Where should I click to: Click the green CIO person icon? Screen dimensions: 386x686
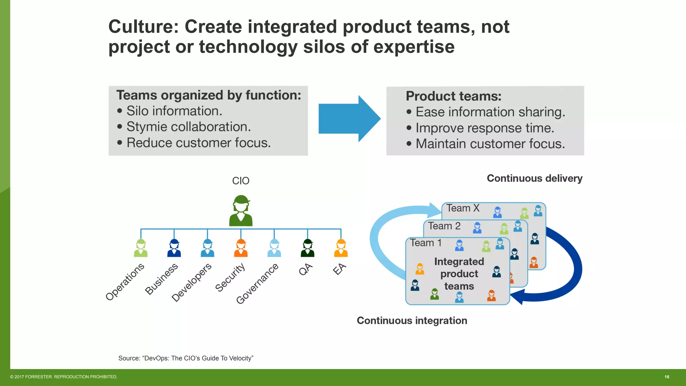(241, 211)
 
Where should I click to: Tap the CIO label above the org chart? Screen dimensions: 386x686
(241, 181)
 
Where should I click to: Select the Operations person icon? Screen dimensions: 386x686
(141, 248)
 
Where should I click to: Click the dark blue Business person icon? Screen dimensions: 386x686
(174, 248)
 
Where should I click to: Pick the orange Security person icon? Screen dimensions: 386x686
(241, 248)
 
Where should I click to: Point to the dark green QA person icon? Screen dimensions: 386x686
(307, 248)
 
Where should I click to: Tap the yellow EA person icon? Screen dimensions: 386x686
(341, 248)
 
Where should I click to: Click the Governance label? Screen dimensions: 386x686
(257, 283)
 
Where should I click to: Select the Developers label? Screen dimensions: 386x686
(192, 282)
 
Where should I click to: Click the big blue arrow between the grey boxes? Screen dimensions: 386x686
(348, 119)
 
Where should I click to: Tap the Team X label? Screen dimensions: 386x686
(463, 208)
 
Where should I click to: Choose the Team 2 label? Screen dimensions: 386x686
(444, 226)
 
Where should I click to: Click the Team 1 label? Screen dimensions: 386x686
(426, 243)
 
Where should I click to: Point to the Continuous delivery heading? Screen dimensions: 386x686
(534, 178)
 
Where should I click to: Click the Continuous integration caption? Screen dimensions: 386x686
(412, 321)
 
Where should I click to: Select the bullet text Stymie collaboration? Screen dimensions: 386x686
(188, 127)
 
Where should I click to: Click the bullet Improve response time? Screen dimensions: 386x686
(485, 128)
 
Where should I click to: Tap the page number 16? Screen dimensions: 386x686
(667, 377)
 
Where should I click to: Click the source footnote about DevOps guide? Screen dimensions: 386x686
(186, 358)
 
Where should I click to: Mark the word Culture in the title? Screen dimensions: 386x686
(143, 27)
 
